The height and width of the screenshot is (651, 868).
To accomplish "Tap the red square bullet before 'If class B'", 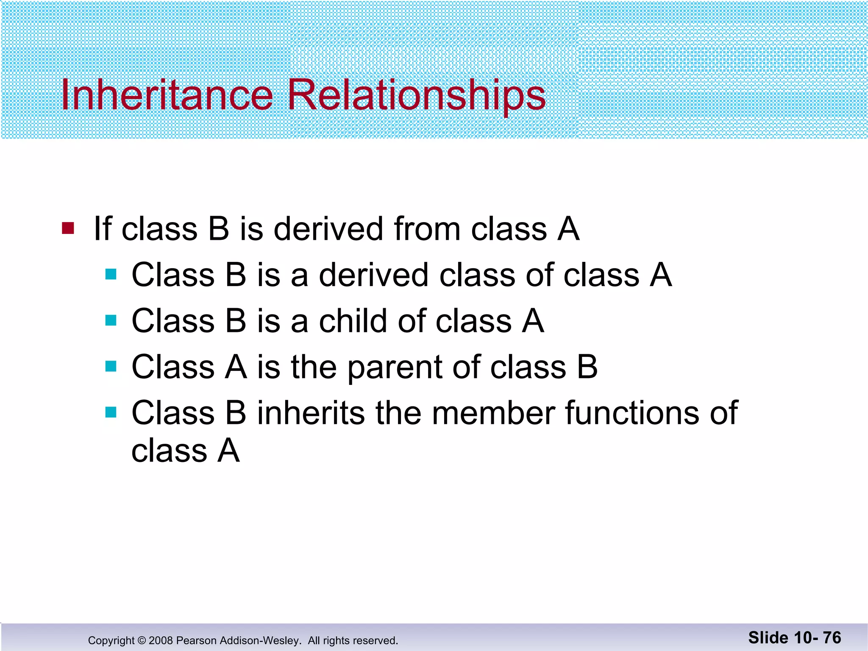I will click(x=68, y=228).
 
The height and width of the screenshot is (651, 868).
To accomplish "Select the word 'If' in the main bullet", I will click(x=102, y=229).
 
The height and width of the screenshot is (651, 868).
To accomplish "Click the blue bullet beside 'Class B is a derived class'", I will click(x=111, y=274).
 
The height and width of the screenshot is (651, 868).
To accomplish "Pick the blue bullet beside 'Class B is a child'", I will click(x=111, y=320).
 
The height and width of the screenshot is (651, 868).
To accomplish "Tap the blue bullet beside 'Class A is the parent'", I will click(x=111, y=366).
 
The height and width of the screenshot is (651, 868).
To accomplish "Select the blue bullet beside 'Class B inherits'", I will click(x=111, y=412).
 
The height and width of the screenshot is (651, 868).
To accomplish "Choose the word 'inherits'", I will click(x=311, y=412).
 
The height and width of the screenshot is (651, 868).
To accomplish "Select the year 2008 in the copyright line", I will click(x=161, y=640).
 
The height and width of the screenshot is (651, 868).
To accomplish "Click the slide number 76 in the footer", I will click(x=832, y=637).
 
